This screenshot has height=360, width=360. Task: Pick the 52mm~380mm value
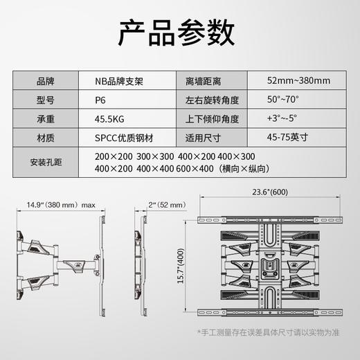tap(297, 80)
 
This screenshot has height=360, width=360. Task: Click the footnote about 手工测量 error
tap(274, 334)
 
